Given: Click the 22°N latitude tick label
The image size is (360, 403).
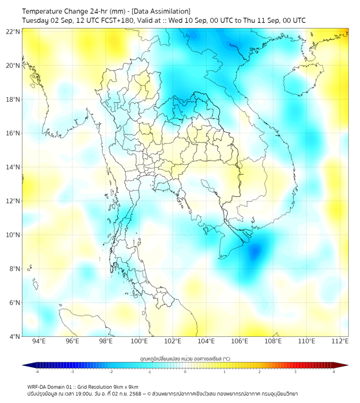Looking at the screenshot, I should coord(13,32).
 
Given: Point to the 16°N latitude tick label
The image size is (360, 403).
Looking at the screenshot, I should coord(13,133).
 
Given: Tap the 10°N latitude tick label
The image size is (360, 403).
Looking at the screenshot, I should coord(13,235).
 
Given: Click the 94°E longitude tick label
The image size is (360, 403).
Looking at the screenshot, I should coord(39,341).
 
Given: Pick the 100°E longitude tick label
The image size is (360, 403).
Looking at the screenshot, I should coord(140,341).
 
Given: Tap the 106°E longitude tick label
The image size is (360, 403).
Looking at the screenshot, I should coord(240,341).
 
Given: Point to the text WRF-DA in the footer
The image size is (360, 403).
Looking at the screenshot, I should coord(39,386).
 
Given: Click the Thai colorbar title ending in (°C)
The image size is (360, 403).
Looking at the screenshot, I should coord(185,359).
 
